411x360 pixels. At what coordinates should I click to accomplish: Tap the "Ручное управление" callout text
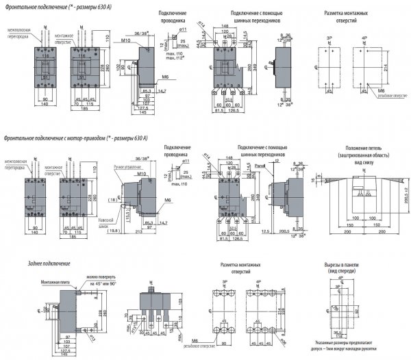pyautogui.click(x=129, y=166)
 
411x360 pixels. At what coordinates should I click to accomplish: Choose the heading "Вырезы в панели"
pyautogui.click(x=340, y=264)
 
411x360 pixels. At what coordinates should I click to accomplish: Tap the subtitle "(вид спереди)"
pyautogui.click(x=340, y=271)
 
